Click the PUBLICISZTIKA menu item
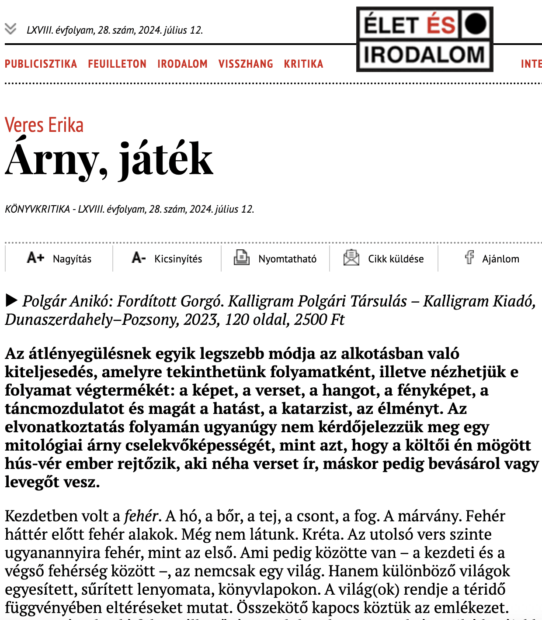pyautogui.click(x=41, y=64)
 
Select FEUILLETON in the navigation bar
pyautogui.click(x=117, y=64)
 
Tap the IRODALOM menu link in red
pyautogui.click(x=182, y=64)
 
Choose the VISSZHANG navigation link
pyautogui.click(x=246, y=64)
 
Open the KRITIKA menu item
pyautogui.click(x=303, y=64)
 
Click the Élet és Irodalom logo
pyautogui.click(x=424, y=39)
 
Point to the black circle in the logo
pyautogui.click(x=475, y=24)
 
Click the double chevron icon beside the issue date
pyautogui.click(x=10, y=29)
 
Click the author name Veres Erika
pyautogui.click(x=44, y=125)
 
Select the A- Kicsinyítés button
pyautogui.click(x=167, y=258)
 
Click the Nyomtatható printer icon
pyautogui.click(x=241, y=258)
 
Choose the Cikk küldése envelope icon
pyautogui.click(x=351, y=258)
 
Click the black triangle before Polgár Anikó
pyautogui.click(x=11, y=300)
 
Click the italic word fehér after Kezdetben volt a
pyautogui.click(x=141, y=516)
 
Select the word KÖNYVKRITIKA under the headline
pyautogui.click(x=37, y=209)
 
